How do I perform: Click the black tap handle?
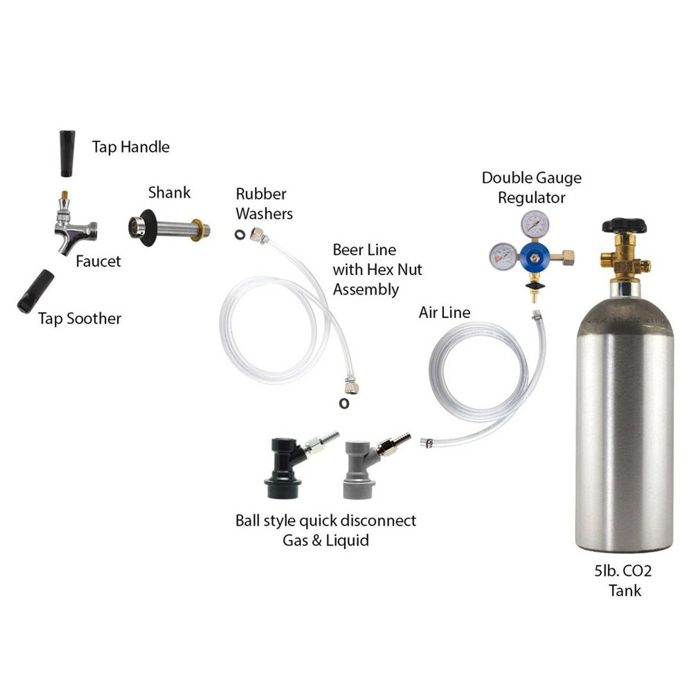(x=67, y=153)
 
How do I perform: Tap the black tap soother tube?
(x=36, y=291)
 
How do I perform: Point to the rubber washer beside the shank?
(x=239, y=235)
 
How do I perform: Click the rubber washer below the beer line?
(x=344, y=403)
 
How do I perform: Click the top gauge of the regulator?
(x=535, y=224)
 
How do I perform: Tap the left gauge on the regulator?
(x=503, y=257)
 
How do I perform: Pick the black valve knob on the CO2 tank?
(x=624, y=225)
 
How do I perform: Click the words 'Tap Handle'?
(x=130, y=147)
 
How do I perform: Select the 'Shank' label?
(x=169, y=192)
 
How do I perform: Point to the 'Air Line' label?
(x=444, y=312)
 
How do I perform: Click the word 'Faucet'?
(x=98, y=262)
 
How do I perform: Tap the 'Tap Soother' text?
(x=79, y=318)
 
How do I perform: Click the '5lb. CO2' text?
(x=623, y=571)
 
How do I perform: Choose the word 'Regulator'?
(x=531, y=198)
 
